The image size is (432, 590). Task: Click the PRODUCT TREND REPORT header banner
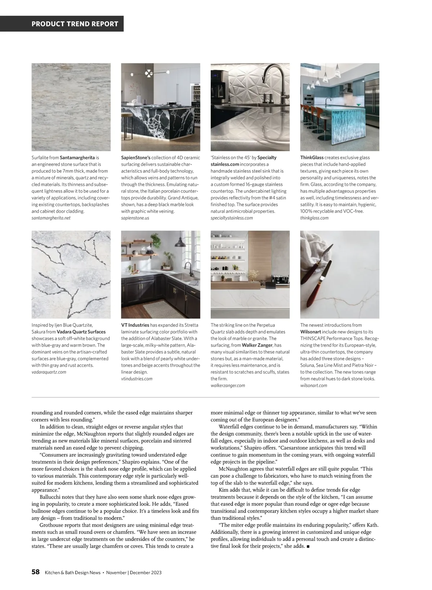tap(75, 24)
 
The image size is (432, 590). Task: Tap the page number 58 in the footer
tap(36, 572)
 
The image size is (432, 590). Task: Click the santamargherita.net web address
tap(51, 218)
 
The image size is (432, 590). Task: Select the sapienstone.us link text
tap(135, 218)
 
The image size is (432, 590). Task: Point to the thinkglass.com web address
tap(314, 218)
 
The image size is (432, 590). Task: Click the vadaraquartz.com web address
tap(49, 372)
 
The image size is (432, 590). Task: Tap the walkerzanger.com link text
tap(228, 386)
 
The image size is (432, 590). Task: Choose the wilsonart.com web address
tap(314, 386)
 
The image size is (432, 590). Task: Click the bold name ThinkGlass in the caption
tap(312, 158)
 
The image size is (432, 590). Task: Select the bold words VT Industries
tap(135, 325)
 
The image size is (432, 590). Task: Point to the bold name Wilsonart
tap(311, 332)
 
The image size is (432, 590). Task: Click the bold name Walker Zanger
tap(257, 345)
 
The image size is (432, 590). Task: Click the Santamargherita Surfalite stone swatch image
tap(71, 107)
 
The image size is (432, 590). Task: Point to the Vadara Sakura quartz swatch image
tap(71, 274)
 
